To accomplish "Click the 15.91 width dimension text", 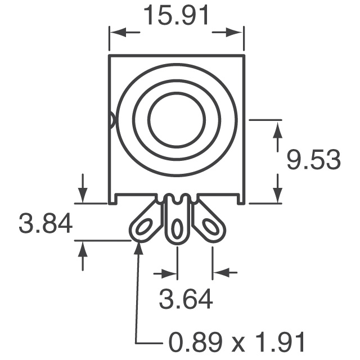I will pos(177,16).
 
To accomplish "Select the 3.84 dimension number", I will pos(46,224).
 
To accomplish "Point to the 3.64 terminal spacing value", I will pos(186,299).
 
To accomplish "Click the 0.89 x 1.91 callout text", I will pos(236,341).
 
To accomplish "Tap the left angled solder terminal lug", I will pos(145,223).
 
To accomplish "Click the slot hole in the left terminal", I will pos(142,227).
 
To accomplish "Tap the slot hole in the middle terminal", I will pos(177,229).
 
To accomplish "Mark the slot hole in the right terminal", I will pos(211,227).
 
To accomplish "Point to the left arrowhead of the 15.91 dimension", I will pos(115,34).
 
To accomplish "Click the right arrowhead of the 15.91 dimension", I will pos(238,34).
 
